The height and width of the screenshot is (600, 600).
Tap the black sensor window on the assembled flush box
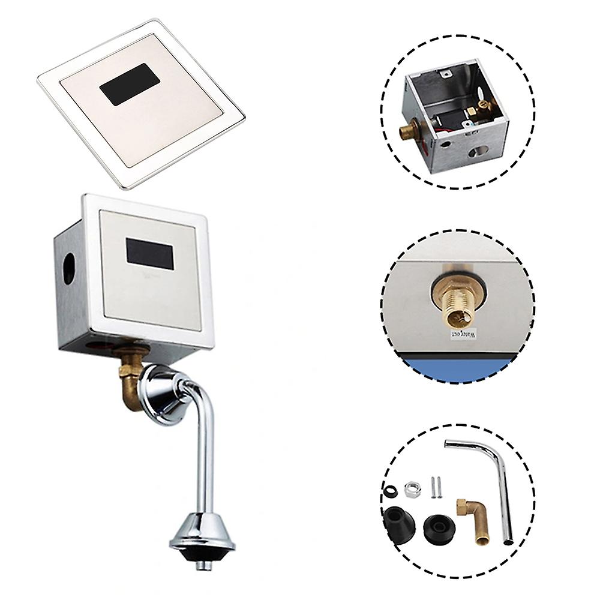coord(151,253)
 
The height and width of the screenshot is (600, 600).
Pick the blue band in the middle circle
coord(456,365)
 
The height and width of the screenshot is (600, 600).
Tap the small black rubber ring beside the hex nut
coord(389,490)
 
